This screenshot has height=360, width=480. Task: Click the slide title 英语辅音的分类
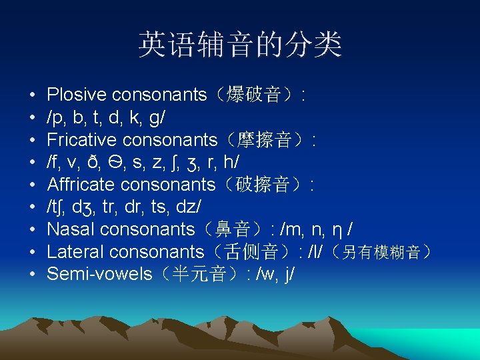click(x=240, y=45)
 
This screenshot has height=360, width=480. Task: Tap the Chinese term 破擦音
click(x=265, y=185)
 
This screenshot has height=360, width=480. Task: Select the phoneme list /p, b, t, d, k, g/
click(x=106, y=117)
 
